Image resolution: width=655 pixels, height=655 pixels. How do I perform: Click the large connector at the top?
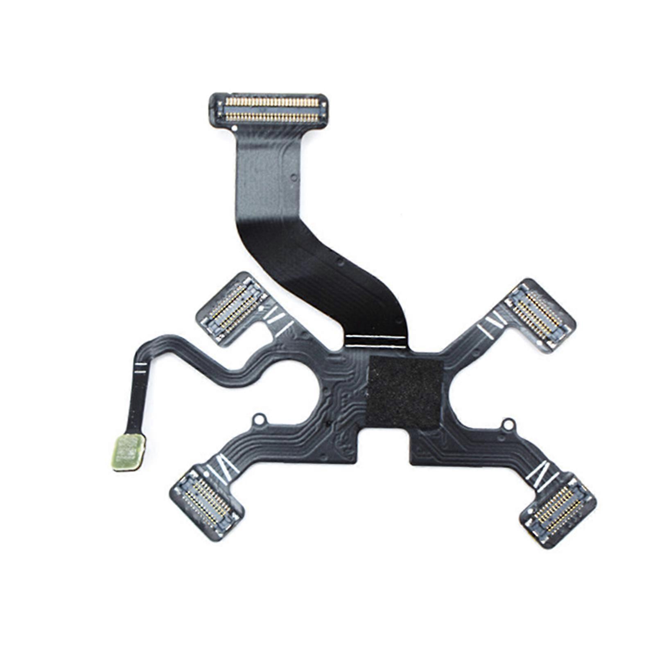(269, 109)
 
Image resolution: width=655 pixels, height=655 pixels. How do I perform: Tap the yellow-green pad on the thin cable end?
(129, 452)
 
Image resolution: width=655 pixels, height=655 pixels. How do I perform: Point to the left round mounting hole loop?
(259, 420)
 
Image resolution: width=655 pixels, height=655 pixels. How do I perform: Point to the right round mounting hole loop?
(508, 425)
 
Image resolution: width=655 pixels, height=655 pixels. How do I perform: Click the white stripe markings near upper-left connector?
(280, 320)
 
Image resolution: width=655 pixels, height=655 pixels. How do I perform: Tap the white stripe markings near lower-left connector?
(224, 468)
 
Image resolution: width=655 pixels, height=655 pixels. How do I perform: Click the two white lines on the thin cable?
(140, 368)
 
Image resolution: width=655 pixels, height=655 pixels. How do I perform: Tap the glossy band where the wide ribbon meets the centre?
(377, 341)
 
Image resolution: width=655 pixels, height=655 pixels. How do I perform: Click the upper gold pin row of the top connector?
(272, 101)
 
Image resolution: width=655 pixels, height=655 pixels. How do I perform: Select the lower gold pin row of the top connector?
(272, 117)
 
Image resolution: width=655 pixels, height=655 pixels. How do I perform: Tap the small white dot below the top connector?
(234, 128)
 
